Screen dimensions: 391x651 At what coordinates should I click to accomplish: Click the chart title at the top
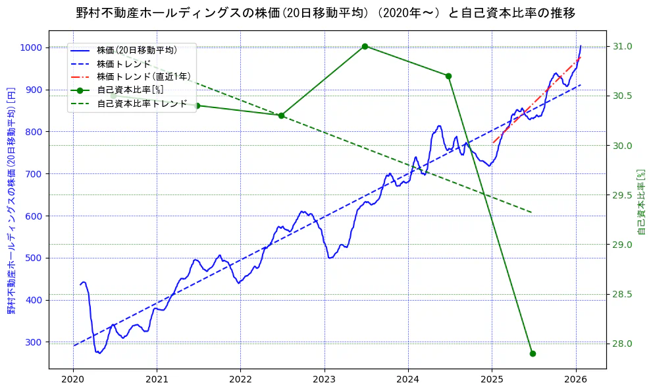pyautogui.click(x=325, y=13)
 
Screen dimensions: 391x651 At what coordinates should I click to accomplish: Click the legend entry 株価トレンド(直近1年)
pyautogui.click(x=143, y=76)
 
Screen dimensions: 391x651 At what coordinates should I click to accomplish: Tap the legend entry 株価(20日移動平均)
pyautogui.click(x=136, y=49)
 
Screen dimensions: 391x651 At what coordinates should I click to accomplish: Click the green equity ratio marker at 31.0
pyautogui.click(x=365, y=46)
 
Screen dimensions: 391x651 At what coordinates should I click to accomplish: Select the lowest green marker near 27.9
pyautogui.click(x=533, y=353)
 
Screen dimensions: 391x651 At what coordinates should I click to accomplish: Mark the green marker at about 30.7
pyautogui.click(x=448, y=76)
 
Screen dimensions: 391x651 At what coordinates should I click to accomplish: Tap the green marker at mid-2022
pyautogui.click(x=281, y=115)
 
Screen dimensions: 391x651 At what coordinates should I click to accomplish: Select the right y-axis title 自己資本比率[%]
pyautogui.click(x=642, y=201)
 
